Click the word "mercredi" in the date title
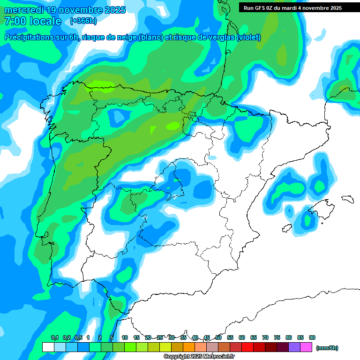22,10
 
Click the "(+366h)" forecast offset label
83,21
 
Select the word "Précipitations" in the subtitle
30,37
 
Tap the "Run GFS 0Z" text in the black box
259,8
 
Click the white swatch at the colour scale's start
48,347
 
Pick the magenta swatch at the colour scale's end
306,347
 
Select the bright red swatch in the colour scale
247,347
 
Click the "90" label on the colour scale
312,337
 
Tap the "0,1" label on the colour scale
54,337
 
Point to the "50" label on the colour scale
218,337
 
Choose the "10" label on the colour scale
125,337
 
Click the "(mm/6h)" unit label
327,348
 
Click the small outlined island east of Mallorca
347,199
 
